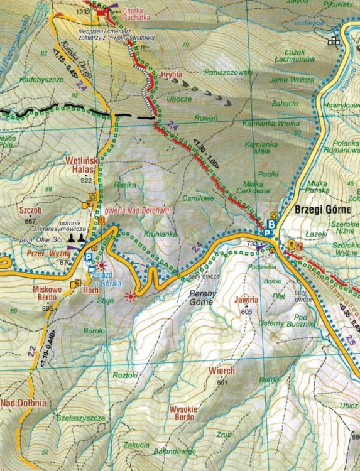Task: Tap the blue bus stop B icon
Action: [271, 224]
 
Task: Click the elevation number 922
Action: [86, 180]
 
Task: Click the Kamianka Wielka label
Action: [271, 123]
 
